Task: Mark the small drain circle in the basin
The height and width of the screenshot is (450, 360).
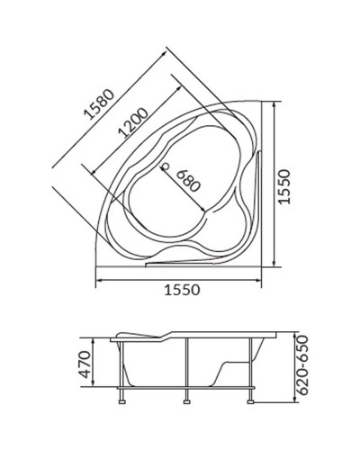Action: coord(165,166)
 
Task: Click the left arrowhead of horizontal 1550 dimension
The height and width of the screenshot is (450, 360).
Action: coord(99,279)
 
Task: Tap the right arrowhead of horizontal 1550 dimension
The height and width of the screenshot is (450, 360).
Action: coord(265,279)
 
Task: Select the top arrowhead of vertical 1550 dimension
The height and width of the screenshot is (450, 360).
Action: coord(274,104)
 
